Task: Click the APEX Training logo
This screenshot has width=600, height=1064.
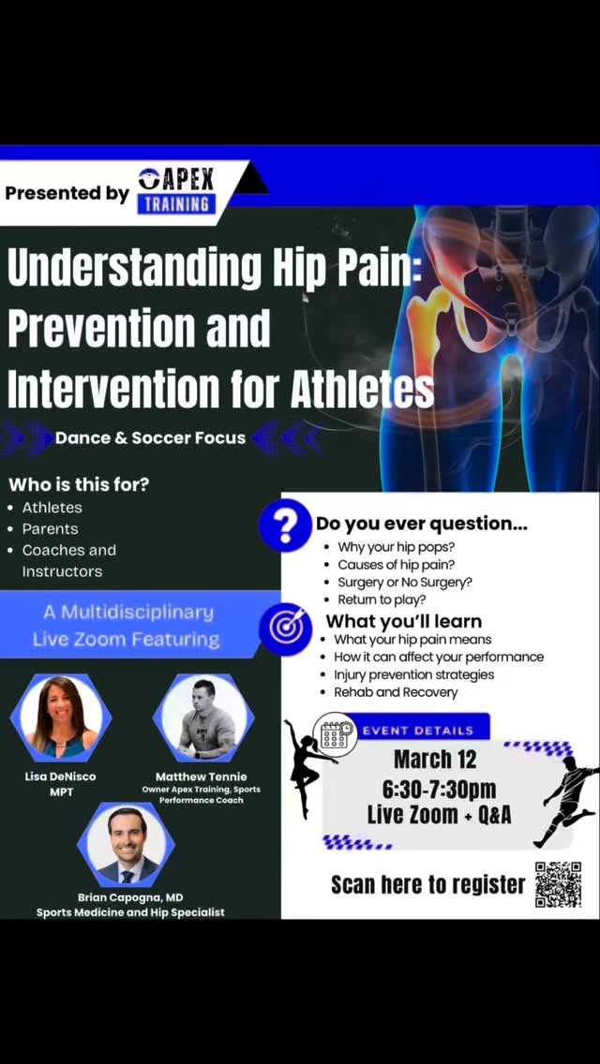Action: (177, 191)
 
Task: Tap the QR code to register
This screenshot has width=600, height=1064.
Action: (558, 884)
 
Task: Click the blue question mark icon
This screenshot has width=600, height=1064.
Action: (285, 526)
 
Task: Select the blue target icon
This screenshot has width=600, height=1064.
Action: (285, 627)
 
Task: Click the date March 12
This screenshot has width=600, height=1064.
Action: (434, 759)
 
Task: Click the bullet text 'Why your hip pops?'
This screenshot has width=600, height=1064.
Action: (396, 546)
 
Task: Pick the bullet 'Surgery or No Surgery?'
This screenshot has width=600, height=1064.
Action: (404, 582)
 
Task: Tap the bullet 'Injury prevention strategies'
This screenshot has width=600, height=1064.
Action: (413, 674)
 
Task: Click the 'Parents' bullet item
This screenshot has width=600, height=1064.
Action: (50, 529)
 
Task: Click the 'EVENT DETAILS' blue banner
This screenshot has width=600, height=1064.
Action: (417, 731)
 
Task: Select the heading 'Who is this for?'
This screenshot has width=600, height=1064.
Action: (79, 485)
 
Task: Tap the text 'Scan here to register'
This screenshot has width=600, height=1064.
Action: (427, 884)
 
